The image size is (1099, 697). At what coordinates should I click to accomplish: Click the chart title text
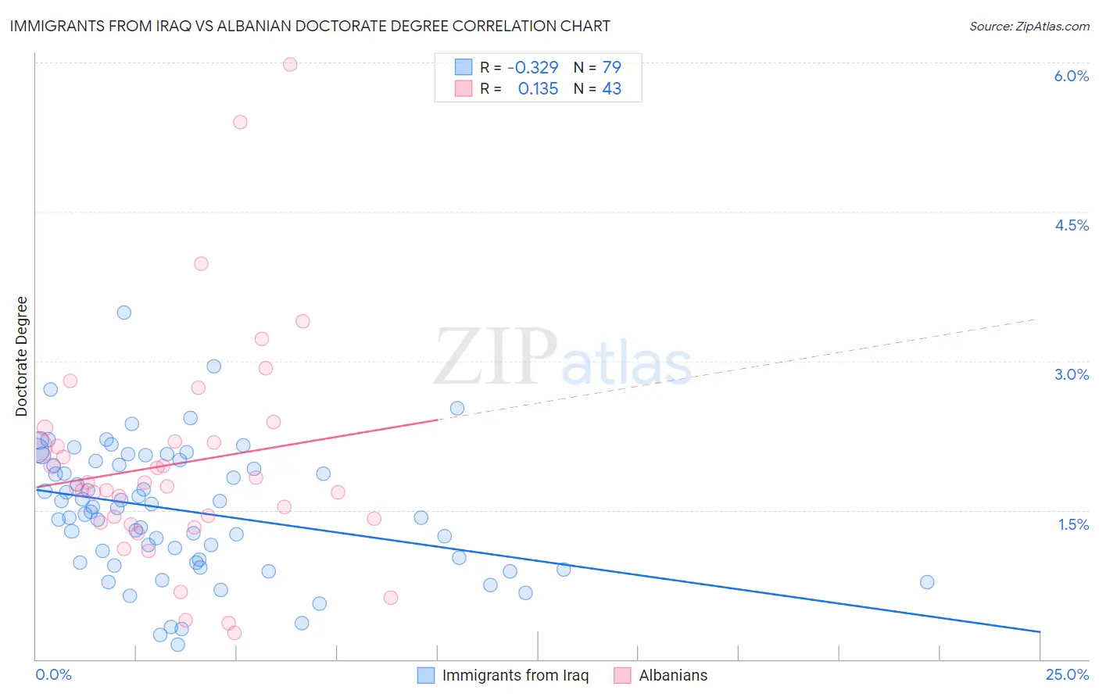pos(310,26)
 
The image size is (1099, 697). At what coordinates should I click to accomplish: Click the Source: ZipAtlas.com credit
pos(1029,26)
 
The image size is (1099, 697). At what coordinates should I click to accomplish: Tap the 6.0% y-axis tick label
pos(1071,76)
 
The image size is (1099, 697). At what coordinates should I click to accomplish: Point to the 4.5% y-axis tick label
pos(1071,225)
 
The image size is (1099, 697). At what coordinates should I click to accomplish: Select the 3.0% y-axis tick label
pos(1071,374)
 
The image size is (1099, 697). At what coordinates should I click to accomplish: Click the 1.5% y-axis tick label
pos(1073,524)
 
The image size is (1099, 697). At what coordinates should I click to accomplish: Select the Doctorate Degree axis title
pos(22,356)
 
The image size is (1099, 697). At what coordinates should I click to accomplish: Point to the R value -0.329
pos(532,68)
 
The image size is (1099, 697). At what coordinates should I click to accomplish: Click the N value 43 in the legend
pos(611,89)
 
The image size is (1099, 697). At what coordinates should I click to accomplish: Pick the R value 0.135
pos(538,89)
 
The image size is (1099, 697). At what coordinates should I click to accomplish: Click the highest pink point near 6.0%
pos(290,64)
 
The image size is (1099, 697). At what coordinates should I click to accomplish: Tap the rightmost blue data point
pos(927,581)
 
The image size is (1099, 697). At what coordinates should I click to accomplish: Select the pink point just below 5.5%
pos(240,122)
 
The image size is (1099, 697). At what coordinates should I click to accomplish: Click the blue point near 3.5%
pos(124,313)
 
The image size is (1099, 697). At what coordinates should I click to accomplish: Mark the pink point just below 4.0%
pos(201,263)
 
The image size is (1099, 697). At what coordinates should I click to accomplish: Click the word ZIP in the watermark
pos(495,357)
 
